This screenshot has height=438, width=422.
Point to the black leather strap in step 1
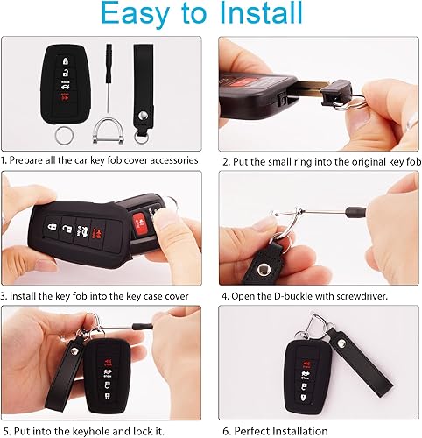tap(141, 88)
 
